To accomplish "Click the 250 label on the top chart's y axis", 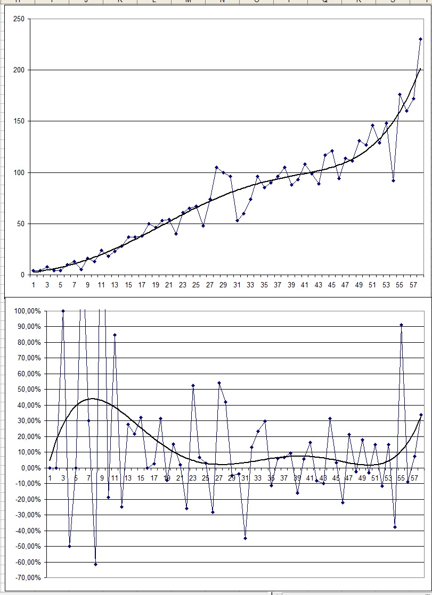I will (19, 19).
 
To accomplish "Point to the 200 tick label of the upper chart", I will (19, 70).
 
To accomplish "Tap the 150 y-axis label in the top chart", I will (19, 121).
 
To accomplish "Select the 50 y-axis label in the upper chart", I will (21, 224).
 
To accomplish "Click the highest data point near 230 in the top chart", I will (420, 39).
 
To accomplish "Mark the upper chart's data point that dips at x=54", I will (393, 180).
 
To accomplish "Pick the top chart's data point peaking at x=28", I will (217, 167).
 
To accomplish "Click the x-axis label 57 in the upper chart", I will (413, 285).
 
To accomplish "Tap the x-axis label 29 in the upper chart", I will (224, 285).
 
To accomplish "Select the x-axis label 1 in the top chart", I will (33, 285).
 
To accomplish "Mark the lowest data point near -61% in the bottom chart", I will (95, 564).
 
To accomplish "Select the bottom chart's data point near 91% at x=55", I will (401, 325).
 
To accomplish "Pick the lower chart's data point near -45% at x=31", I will (245, 538).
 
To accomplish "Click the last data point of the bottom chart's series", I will (421, 415).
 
